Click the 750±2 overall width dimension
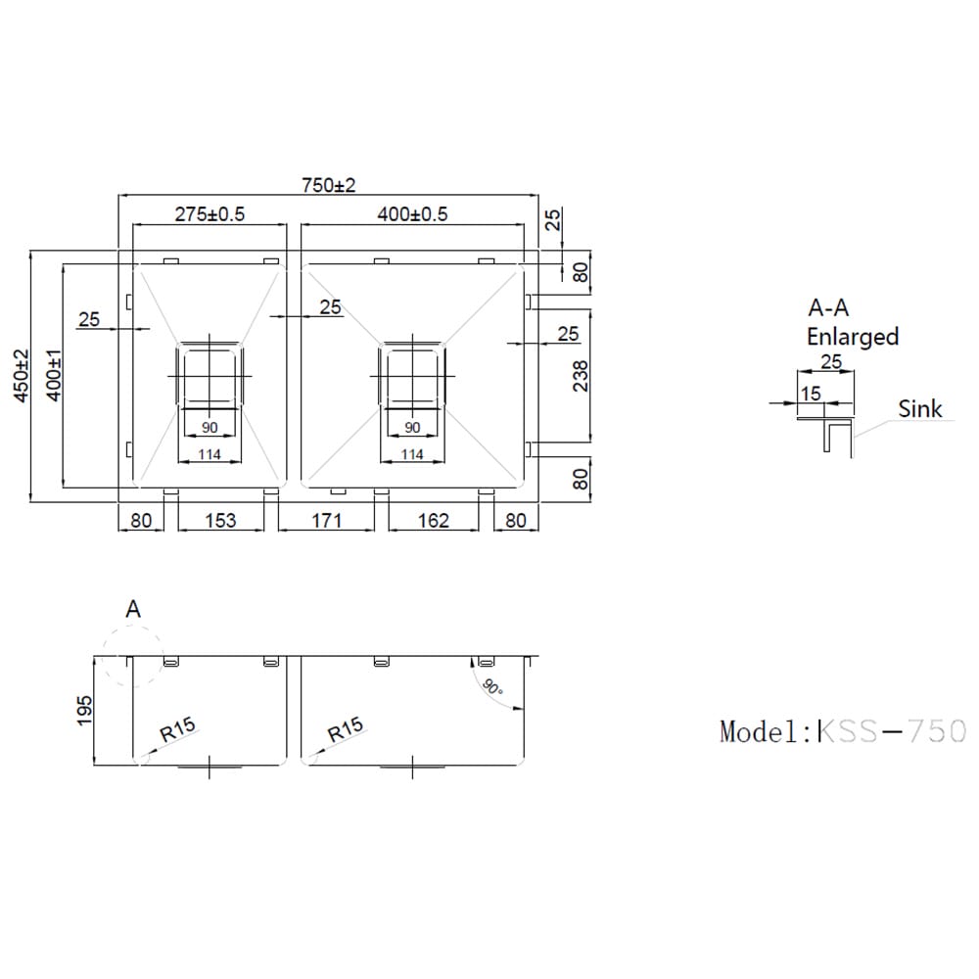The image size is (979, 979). (328, 185)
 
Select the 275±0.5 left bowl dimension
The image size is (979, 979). (210, 214)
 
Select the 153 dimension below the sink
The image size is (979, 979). (221, 520)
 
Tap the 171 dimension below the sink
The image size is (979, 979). (326, 520)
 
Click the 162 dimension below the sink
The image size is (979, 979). (433, 520)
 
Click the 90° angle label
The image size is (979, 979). (492, 685)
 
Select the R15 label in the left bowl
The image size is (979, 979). (179, 729)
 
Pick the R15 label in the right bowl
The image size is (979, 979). (346, 729)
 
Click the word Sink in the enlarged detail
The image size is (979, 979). (920, 408)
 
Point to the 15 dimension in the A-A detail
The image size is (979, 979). (811, 393)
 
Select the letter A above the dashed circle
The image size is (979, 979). (134, 609)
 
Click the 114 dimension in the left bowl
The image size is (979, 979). (209, 454)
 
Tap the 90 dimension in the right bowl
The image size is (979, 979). (412, 428)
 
